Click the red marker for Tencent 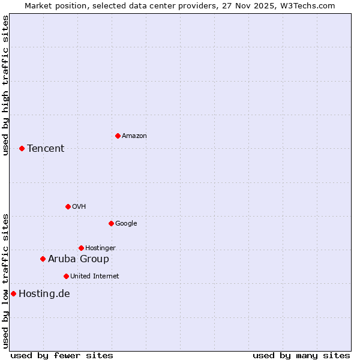[22, 148]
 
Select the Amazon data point [118, 136]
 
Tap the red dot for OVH [68, 206]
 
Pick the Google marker [111, 223]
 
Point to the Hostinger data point [81, 248]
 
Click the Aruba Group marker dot [43, 259]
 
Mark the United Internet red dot [66, 276]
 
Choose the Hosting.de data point [13, 293]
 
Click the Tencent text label [46, 148]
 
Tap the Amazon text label [134, 136]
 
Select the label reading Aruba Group [79, 259]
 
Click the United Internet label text [95, 276]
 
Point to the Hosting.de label [44, 293]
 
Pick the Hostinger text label [100, 248]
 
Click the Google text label [126, 223]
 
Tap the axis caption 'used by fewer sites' [62, 355]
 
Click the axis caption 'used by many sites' [301, 355]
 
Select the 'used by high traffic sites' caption [5, 85]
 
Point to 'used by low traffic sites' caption [5, 281]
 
